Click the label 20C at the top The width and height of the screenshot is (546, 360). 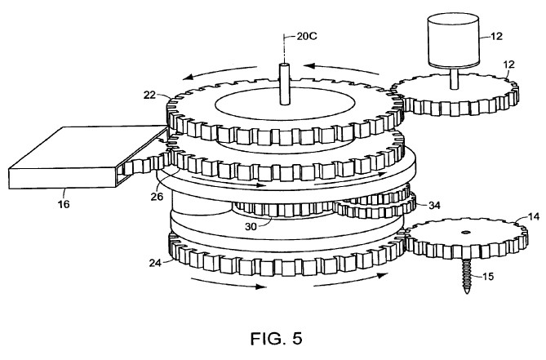click(307, 36)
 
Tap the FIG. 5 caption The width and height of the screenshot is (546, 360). click(277, 338)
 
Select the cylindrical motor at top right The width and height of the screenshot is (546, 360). click(453, 40)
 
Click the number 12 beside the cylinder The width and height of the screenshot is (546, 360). click(496, 36)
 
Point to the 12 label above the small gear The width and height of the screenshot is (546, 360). click(508, 64)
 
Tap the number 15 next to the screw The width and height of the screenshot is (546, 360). click(488, 277)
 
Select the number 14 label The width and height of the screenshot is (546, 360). click(534, 216)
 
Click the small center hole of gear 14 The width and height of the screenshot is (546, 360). click(466, 232)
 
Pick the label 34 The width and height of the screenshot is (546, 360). click(434, 206)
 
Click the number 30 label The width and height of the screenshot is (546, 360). click(251, 227)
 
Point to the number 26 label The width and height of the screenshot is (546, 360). click(157, 197)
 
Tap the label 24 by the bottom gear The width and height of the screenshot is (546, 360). click(155, 263)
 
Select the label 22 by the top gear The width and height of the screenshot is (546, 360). click(149, 95)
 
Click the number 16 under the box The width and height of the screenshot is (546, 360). click(64, 204)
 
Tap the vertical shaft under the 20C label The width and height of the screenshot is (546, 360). click(285, 84)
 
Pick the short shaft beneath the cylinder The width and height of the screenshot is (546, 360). click(454, 78)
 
